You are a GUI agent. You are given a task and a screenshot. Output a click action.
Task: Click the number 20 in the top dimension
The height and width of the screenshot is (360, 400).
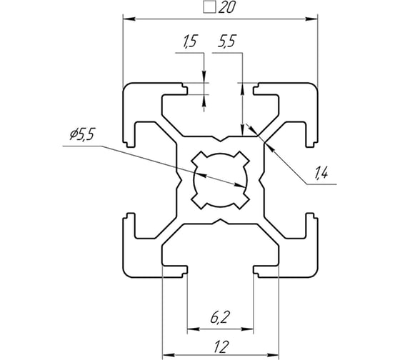point(226,9)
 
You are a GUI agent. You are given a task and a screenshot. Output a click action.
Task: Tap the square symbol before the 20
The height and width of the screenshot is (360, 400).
point(210,9)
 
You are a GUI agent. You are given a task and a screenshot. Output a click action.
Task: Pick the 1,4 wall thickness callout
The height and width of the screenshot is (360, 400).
point(321,171)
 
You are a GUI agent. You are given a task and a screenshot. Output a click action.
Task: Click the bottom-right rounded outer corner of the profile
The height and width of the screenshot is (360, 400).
point(312,271)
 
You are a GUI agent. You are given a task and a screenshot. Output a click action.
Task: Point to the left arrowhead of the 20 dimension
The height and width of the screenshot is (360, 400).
point(126,17)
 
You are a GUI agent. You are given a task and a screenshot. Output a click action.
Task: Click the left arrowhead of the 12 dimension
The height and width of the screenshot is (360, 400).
point(166,353)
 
